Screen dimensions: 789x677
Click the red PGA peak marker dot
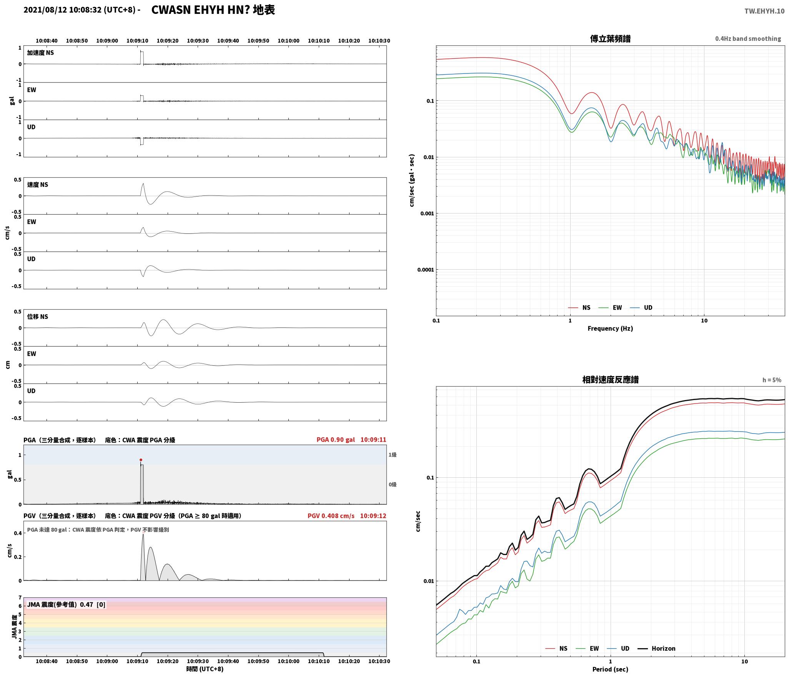point(141,460)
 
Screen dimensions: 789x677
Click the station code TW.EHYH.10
point(764,11)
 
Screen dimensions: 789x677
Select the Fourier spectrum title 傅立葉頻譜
point(610,39)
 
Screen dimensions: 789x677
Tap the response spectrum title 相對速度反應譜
point(610,380)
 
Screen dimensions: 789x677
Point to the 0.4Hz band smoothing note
point(748,39)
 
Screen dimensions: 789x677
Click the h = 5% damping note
point(772,380)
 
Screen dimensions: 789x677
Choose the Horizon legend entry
point(657,649)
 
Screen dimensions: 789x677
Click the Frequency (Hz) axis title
point(610,328)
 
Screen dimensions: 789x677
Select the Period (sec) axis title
point(610,669)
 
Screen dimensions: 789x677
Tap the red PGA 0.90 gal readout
point(336,440)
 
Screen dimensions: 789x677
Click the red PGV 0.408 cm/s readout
point(331,516)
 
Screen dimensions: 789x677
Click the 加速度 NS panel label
point(40,53)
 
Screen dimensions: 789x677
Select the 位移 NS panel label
point(38,317)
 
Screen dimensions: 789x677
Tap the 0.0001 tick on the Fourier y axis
point(425,270)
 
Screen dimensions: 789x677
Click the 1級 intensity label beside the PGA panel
point(392,455)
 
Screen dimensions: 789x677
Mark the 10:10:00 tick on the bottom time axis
point(288,661)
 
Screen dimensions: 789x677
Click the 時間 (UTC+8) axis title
point(205,669)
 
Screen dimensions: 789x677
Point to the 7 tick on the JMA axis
point(20,598)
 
